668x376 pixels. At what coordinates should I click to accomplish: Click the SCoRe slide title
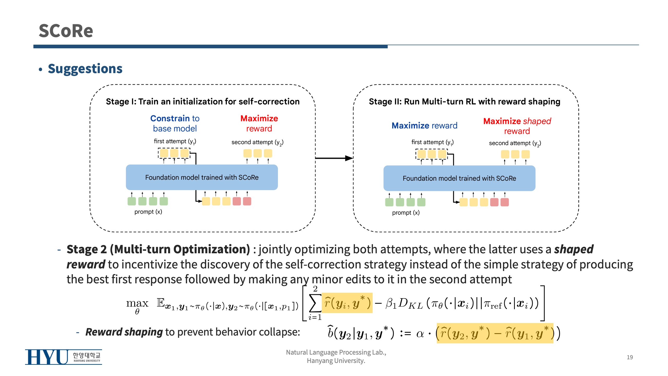coord(66,31)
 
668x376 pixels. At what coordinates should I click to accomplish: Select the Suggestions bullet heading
coord(85,69)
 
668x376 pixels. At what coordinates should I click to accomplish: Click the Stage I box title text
coord(202,101)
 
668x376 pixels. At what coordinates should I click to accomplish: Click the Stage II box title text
coord(464,101)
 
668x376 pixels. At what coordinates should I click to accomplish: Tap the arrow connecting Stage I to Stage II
coord(334,158)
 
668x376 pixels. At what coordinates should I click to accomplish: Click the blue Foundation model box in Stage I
coord(202,177)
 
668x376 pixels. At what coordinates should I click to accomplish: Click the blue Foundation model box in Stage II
coord(459,178)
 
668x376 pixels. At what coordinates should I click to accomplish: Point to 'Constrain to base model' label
coord(175,124)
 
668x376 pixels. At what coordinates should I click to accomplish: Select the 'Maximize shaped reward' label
coord(517,126)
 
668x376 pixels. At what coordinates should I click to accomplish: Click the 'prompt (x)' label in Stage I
coord(148,212)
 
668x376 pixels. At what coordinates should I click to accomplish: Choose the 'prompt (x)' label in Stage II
coord(406,213)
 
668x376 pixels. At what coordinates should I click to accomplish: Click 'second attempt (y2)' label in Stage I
coord(257,142)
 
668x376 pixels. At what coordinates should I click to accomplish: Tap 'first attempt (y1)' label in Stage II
coord(432,142)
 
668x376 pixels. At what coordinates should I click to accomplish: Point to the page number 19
coord(630,357)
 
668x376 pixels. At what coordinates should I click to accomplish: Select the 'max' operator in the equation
coord(137,303)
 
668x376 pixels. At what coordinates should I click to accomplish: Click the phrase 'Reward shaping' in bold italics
coord(124,332)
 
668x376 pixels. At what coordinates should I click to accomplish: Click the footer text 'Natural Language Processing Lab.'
coord(336,352)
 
